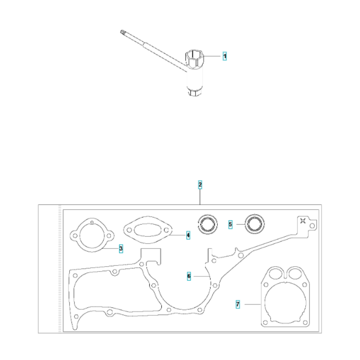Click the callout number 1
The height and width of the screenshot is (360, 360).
coord(224,56)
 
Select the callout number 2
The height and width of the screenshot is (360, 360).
coord(200,185)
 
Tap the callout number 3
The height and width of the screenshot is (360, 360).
coord(121,248)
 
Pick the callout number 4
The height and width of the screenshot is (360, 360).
coord(188,235)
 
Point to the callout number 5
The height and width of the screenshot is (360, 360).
coord(230,224)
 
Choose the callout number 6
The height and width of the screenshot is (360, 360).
coord(189,276)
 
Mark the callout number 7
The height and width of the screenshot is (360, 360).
coord(238,304)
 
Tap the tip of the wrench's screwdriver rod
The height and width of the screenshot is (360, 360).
coord(121,33)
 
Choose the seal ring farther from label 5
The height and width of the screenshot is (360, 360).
coord(208,224)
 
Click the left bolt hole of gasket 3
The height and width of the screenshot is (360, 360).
coord(75,236)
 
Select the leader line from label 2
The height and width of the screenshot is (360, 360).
coord(200,197)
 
